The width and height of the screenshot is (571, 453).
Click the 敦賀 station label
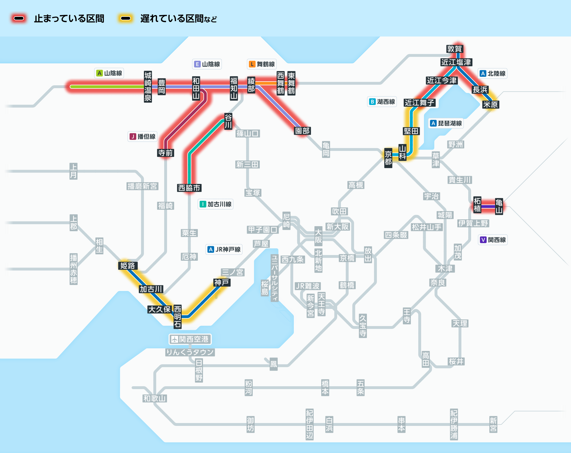454,49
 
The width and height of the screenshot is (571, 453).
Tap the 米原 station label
490,104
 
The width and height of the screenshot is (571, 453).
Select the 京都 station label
388,158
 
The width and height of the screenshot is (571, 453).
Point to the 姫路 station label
127,266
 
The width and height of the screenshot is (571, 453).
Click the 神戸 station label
222,282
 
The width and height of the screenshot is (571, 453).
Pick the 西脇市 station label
189,188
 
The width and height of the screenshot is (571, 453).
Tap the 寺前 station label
166,153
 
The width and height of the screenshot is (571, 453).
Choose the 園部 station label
302,131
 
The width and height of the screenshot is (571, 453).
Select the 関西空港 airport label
190,339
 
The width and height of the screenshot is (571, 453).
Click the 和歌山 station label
154,398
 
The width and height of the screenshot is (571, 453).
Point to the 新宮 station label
493,424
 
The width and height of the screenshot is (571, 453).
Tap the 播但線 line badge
142,137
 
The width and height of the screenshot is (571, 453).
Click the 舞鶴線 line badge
262,64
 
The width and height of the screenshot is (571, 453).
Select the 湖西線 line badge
382,102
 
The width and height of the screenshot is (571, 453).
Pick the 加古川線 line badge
216,204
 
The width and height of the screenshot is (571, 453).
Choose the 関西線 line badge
493,240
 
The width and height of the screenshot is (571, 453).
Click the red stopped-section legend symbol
19,19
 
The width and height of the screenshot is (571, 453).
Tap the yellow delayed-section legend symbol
125,19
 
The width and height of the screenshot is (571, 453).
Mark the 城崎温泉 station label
148,87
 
